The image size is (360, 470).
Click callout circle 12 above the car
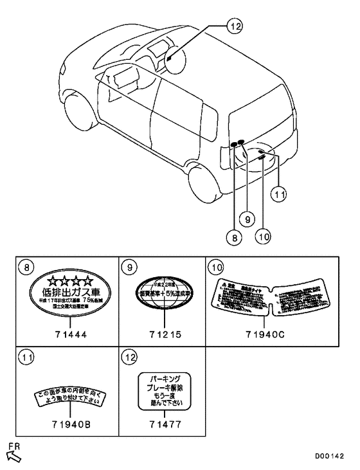click(235, 26)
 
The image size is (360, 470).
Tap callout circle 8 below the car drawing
click(235, 237)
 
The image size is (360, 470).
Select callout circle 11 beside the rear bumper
click(278, 192)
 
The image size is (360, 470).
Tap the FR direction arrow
click(12, 454)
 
